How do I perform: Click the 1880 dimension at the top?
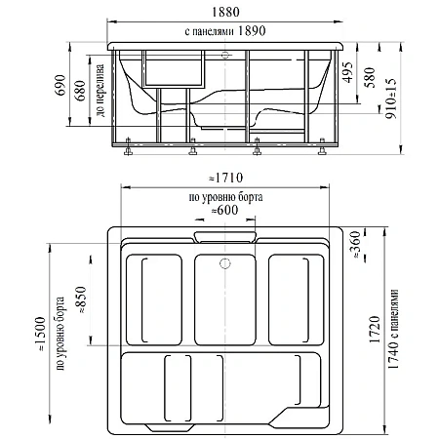pyautogui.click(x=225, y=12)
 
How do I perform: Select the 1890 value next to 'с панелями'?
pyautogui.click(x=252, y=31)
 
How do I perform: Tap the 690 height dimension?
pyautogui.click(x=60, y=85)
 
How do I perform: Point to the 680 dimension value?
pyautogui.click(x=80, y=91)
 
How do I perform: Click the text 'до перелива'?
pyautogui.click(x=100, y=91)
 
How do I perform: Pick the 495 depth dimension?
pyautogui.click(x=348, y=72)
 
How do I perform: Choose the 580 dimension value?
pyautogui.click(x=370, y=77)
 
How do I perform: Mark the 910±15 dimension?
pyautogui.click(x=391, y=99)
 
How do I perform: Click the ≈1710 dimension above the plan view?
pyautogui.click(x=225, y=178)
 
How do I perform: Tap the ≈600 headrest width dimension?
pyautogui.click(x=224, y=210)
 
